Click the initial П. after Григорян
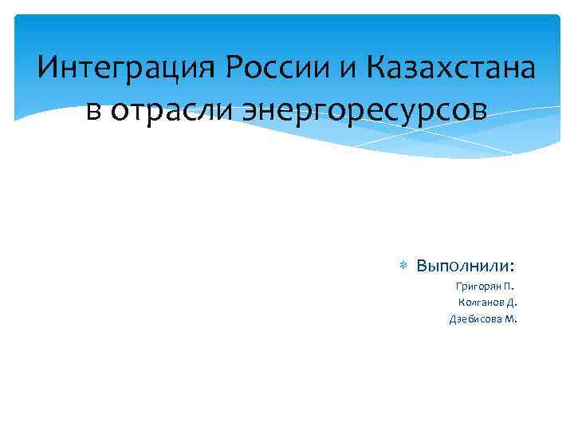[x=509, y=286]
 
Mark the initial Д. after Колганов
[x=512, y=302]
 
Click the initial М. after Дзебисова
[x=511, y=319]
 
